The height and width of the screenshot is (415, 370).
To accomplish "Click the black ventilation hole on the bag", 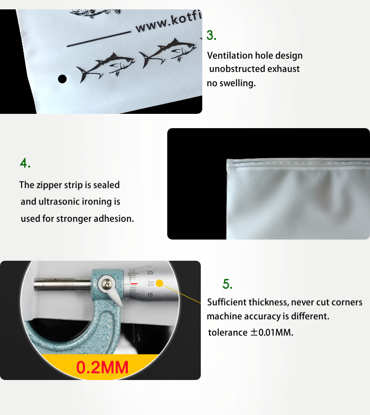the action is (x=62, y=79).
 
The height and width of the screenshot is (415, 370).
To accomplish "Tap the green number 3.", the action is (x=211, y=35).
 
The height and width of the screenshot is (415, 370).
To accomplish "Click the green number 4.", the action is (x=25, y=163).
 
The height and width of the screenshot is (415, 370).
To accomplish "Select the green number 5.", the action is (x=227, y=284).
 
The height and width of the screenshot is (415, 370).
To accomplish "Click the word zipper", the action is (x=49, y=185).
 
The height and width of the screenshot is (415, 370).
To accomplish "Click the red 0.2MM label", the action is (x=102, y=367).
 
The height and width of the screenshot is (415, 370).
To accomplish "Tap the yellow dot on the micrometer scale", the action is (x=159, y=283).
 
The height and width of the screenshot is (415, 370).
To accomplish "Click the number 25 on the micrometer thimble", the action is (x=150, y=273).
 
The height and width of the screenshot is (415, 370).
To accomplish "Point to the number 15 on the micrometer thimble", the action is (x=150, y=295).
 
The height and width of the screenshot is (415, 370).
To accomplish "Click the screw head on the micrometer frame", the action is (x=107, y=284).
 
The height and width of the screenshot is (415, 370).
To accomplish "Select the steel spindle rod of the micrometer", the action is (x=63, y=284).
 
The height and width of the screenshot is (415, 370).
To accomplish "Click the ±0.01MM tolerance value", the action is (x=272, y=332).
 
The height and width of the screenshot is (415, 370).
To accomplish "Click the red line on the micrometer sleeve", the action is (x=134, y=284).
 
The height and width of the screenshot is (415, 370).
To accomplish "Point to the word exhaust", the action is (x=283, y=69).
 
